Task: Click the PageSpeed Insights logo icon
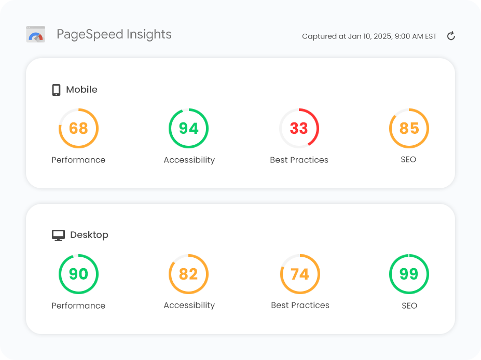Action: click(x=36, y=35)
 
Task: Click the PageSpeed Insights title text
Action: click(x=114, y=35)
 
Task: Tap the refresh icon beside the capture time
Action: click(x=451, y=36)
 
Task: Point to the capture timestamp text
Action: click(x=369, y=36)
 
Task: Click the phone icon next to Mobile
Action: click(x=56, y=90)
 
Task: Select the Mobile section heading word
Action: click(x=81, y=90)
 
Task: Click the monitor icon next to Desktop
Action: click(x=58, y=236)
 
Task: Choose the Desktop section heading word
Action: click(x=89, y=235)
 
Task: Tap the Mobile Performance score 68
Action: click(x=78, y=128)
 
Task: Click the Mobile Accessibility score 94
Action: click(x=189, y=128)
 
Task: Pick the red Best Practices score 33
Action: click(x=299, y=128)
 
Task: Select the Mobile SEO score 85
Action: click(x=409, y=128)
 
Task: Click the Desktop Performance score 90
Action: click(x=78, y=274)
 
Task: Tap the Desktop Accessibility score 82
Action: click(x=189, y=274)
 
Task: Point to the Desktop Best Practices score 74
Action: click(x=300, y=274)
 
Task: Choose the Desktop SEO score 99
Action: click(x=409, y=274)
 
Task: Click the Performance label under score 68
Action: click(x=78, y=160)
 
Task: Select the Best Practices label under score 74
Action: click(x=300, y=305)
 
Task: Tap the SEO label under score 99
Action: click(x=409, y=306)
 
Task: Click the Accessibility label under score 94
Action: click(x=189, y=160)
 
